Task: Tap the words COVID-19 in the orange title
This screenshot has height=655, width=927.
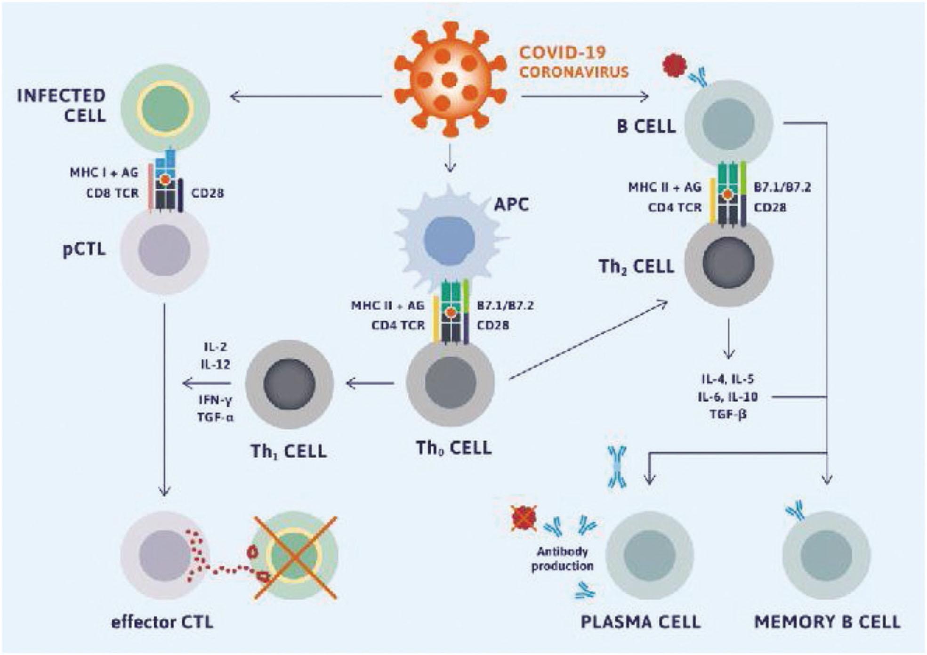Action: tap(562, 52)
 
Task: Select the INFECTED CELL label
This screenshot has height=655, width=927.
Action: tap(62, 105)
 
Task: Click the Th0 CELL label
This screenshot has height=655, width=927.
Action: tap(453, 448)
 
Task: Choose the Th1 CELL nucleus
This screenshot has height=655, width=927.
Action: tap(290, 383)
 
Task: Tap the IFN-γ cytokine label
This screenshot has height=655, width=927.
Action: tap(215, 400)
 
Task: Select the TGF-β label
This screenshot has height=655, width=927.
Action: tap(728, 415)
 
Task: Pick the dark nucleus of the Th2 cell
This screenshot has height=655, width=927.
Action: tap(728, 263)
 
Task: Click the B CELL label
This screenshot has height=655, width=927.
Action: tap(646, 126)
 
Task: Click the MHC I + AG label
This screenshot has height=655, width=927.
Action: tap(104, 172)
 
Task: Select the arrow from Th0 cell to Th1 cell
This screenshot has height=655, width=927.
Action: tap(370, 383)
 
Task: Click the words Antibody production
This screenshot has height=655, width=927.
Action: tap(562, 558)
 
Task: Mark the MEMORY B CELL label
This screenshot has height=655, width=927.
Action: tap(827, 622)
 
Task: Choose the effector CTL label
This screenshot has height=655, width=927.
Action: tap(162, 622)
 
